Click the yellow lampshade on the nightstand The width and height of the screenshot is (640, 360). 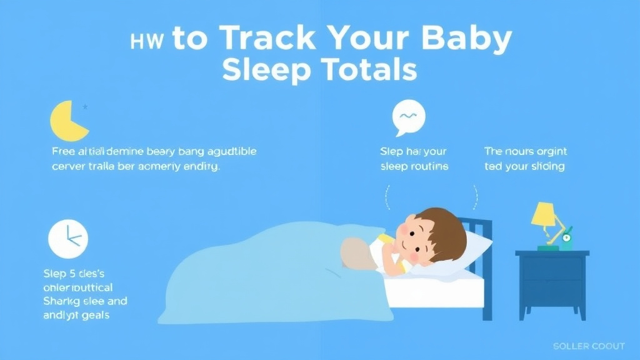click(x=544, y=214)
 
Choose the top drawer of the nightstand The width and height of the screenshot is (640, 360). click(x=552, y=269)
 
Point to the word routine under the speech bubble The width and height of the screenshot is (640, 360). click(x=428, y=166)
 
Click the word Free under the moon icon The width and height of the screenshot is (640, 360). click(x=62, y=151)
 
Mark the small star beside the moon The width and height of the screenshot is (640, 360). click(x=86, y=107)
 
